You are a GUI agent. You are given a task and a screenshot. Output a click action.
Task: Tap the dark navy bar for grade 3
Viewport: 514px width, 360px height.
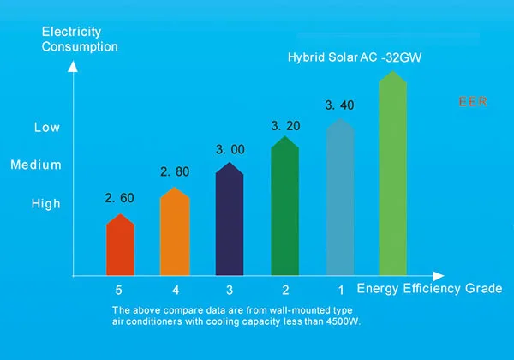click(x=230, y=220)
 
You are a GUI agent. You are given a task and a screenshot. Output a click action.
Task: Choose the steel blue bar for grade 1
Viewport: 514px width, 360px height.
click(x=339, y=198)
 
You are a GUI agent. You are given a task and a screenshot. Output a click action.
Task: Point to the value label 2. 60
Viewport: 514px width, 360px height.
click(x=120, y=198)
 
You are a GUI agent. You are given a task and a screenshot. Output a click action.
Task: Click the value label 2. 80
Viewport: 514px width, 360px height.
click(x=175, y=172)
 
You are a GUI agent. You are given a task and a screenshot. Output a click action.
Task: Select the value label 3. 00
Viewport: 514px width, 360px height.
click(x=230, y=149)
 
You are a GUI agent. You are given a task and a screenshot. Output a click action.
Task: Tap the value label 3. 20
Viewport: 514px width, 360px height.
click(x=285, y=126)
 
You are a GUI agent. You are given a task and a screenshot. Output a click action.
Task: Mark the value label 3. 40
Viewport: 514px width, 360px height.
click(x=340, y=105)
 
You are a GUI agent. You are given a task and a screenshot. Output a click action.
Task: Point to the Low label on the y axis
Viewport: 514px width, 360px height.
click(x=47, y=128)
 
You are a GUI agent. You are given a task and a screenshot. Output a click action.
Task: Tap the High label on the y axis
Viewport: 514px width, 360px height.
click(x=46, y=204)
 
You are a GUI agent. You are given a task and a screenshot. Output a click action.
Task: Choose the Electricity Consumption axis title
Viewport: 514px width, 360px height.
click(x=80, y=39)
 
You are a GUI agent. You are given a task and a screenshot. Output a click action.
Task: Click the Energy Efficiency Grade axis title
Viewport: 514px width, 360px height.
click(x=428, y=288)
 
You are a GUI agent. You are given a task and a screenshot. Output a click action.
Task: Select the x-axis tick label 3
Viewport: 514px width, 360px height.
click(x=230, y=289)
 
